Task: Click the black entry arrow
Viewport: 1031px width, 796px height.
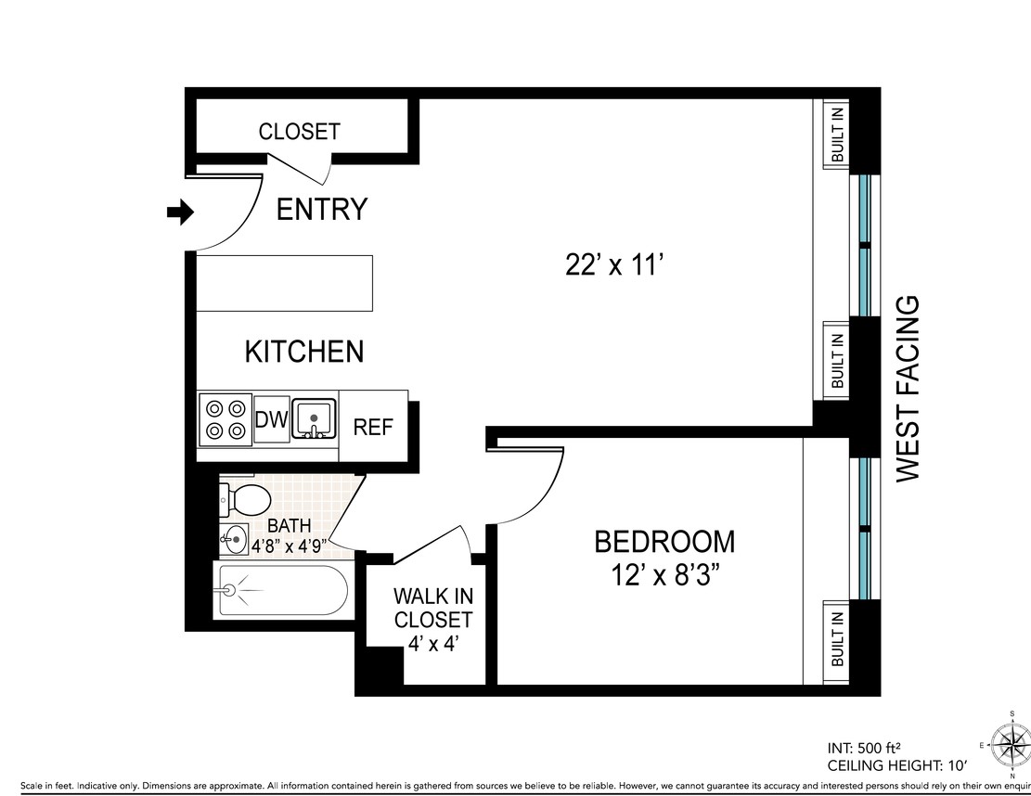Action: (x=179, y=213)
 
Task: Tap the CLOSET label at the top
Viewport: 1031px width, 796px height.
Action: (x=299, y=132)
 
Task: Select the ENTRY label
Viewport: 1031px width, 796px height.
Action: (x=322, y=210)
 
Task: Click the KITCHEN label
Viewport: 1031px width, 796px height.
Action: (x=303, y=353)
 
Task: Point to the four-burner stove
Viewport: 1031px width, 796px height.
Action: (x=226, y=419)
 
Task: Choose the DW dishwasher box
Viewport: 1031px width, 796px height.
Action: (x=271, y=420)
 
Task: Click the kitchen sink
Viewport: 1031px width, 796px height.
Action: (x=315, y=418)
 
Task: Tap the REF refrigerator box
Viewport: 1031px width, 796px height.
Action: (x=373, y=427)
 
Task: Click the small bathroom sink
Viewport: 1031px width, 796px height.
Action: (x=234, y=538)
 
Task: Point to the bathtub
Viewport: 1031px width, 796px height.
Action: (x=281, y=590)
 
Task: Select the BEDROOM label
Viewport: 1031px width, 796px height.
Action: (x=664, y=541)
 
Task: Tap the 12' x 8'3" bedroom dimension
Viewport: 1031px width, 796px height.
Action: (x=664, y=575)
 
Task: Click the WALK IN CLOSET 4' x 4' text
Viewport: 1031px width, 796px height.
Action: (x=432, y=619)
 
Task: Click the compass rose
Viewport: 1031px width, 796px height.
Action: (x=1010, y=744)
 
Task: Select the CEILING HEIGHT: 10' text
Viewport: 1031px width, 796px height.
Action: (x=896, y=765)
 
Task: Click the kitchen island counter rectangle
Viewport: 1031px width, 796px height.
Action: (x=285, y=284)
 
